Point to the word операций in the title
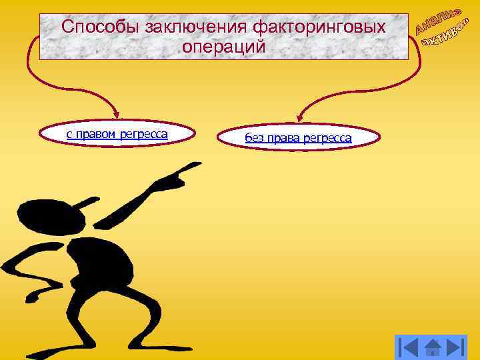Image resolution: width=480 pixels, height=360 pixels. (x=223, y=47)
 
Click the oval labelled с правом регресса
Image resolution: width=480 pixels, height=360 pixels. (x=117, y=135)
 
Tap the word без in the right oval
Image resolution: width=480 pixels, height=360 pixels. (x=254, y=139)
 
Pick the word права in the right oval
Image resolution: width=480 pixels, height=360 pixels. (x=283, y=139)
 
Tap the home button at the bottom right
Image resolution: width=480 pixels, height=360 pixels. (x=431, y=348)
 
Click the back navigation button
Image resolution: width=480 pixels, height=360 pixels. (x=409, y=348)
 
